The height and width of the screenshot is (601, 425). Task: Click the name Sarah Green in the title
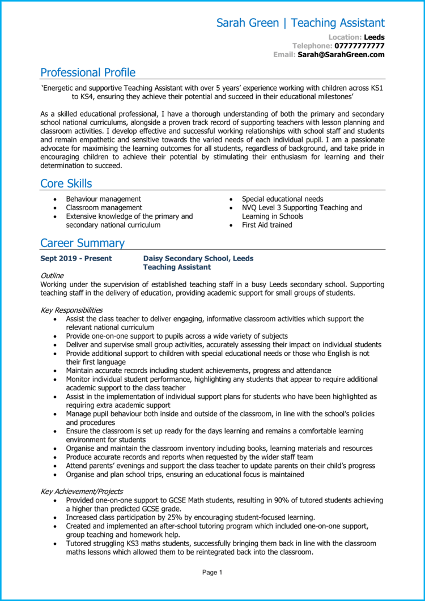248,23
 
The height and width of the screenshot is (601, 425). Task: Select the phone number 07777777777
359,46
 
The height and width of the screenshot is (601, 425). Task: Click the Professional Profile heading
88,73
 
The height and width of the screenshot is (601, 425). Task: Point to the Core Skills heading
66,184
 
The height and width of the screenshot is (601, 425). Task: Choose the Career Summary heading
82,243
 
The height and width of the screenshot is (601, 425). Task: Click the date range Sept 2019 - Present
76,258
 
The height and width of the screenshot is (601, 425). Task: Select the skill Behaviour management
103,199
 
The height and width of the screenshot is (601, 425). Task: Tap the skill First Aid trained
267,225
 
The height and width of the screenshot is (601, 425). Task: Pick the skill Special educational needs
282,199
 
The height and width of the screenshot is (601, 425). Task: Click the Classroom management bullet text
104,207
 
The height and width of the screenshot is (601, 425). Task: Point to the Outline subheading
52,275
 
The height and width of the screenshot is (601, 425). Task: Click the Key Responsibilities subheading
71,310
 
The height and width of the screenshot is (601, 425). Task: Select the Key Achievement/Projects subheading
82,492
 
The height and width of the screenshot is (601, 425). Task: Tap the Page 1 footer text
212,573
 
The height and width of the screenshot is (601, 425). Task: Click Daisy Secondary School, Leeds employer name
198,258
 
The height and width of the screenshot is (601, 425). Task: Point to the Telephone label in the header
312,46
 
